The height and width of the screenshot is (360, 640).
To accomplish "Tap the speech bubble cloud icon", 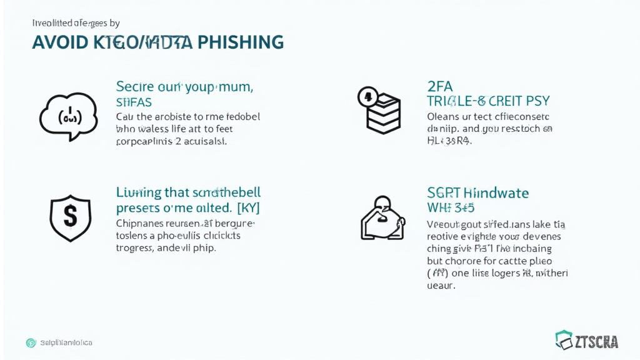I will tap(68, 116).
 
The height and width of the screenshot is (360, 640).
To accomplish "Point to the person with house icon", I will tap(382, 218).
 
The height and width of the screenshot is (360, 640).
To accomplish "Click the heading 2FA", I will tap(441, 86).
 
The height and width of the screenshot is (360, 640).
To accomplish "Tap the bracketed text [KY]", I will tap(248, 207).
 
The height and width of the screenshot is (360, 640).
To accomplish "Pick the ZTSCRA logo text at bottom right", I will tap(596, 341).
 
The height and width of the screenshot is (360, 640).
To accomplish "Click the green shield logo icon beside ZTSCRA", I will tap(564, 340).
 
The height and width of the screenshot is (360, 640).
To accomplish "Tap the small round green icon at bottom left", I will tap(31, 342).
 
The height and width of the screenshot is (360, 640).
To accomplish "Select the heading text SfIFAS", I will tap(134, 101).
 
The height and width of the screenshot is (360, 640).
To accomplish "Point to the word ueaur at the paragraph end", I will tap(441, 286).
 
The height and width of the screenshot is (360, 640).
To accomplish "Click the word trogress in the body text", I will tap(135, 247).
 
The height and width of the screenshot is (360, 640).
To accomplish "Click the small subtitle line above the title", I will tap(75, 23).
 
